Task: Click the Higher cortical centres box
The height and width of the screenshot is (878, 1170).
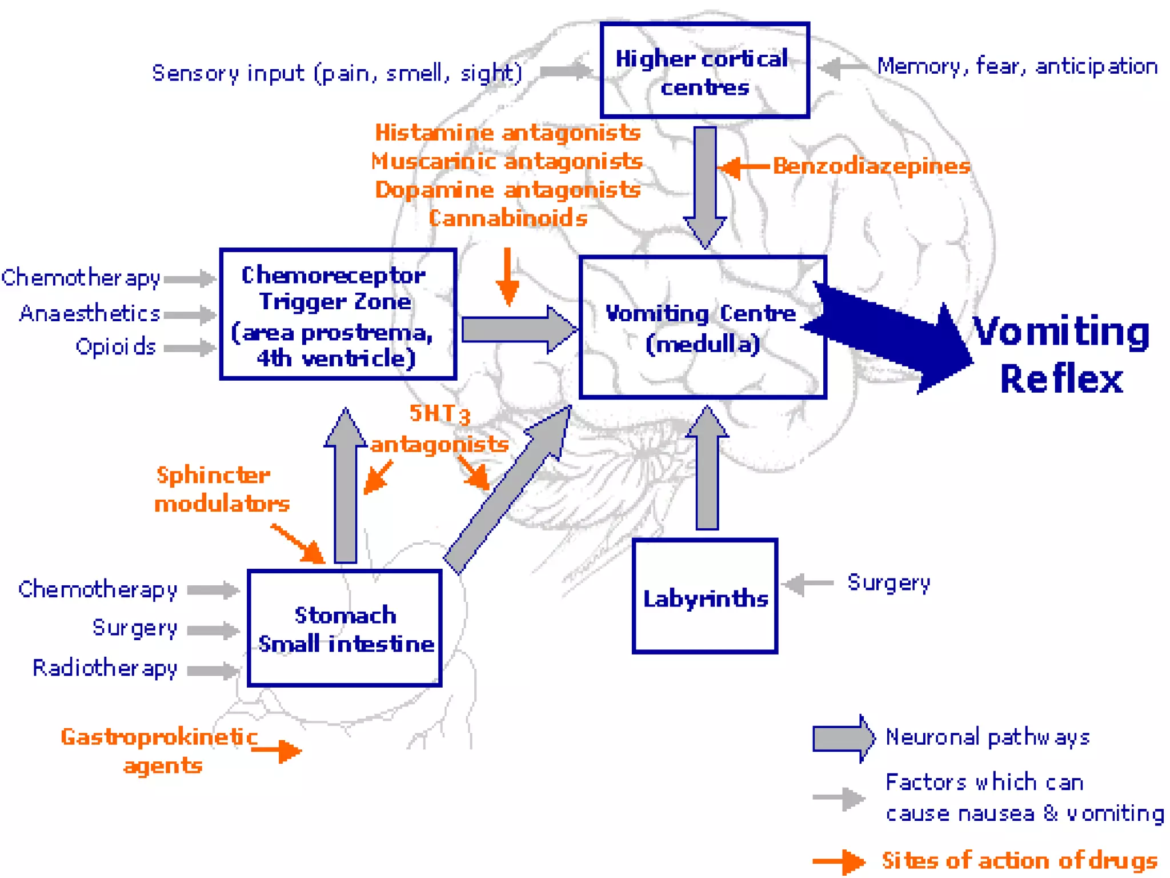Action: click(x=704, y=71)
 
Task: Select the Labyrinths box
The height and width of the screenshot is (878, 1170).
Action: click(x=705, y=596)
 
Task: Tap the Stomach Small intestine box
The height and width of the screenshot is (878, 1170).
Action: click(x=344, y=628)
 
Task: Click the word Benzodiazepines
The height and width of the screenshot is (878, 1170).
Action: click(x=871, y=166)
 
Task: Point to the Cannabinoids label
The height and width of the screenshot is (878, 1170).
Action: click(x=508, y=218)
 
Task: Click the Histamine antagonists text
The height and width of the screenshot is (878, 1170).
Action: click(x=508, y=133)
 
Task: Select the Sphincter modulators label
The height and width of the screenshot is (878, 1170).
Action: click(x=222, y=489)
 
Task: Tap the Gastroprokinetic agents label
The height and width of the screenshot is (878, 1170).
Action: click(x=160, y=750)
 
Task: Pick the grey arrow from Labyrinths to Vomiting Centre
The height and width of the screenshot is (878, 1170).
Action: click(x=707, y=469)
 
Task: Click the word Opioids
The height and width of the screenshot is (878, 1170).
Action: click(x=116, y=347)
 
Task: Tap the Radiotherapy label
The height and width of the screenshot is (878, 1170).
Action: click(x=105, y=668)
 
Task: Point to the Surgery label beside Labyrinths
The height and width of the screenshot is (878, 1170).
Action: click(x=889, y=582)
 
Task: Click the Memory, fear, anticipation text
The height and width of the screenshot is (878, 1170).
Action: click(x=1017, y=67)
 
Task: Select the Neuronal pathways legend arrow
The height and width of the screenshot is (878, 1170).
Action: click(x=843, y=738)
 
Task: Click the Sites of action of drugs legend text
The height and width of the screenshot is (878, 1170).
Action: click(x=1019, y=860)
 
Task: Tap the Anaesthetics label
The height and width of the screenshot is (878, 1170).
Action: click(x=90, y=313)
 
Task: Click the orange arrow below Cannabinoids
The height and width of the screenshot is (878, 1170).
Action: click(x=507, y=277)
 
